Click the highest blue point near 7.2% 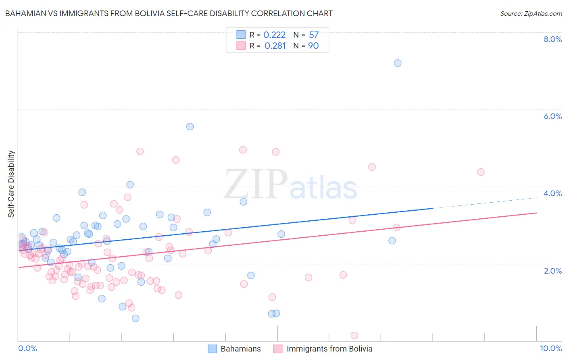[398, 63]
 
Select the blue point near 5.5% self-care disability [190, 127]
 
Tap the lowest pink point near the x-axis [354, 335]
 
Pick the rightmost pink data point [481, 172]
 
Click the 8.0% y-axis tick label [552, 39]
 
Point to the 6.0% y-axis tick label [552, 116]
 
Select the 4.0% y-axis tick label [552, 193]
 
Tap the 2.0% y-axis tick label [552, 271]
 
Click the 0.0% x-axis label [27, 348]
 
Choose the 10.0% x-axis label [551, 348]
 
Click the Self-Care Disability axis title [11, 184]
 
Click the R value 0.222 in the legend [275, 35]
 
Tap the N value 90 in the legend [313, 46]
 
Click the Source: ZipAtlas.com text [531, 13]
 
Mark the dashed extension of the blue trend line [484, 203]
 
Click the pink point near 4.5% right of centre [372, 167]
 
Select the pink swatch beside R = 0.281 [241, 46]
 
